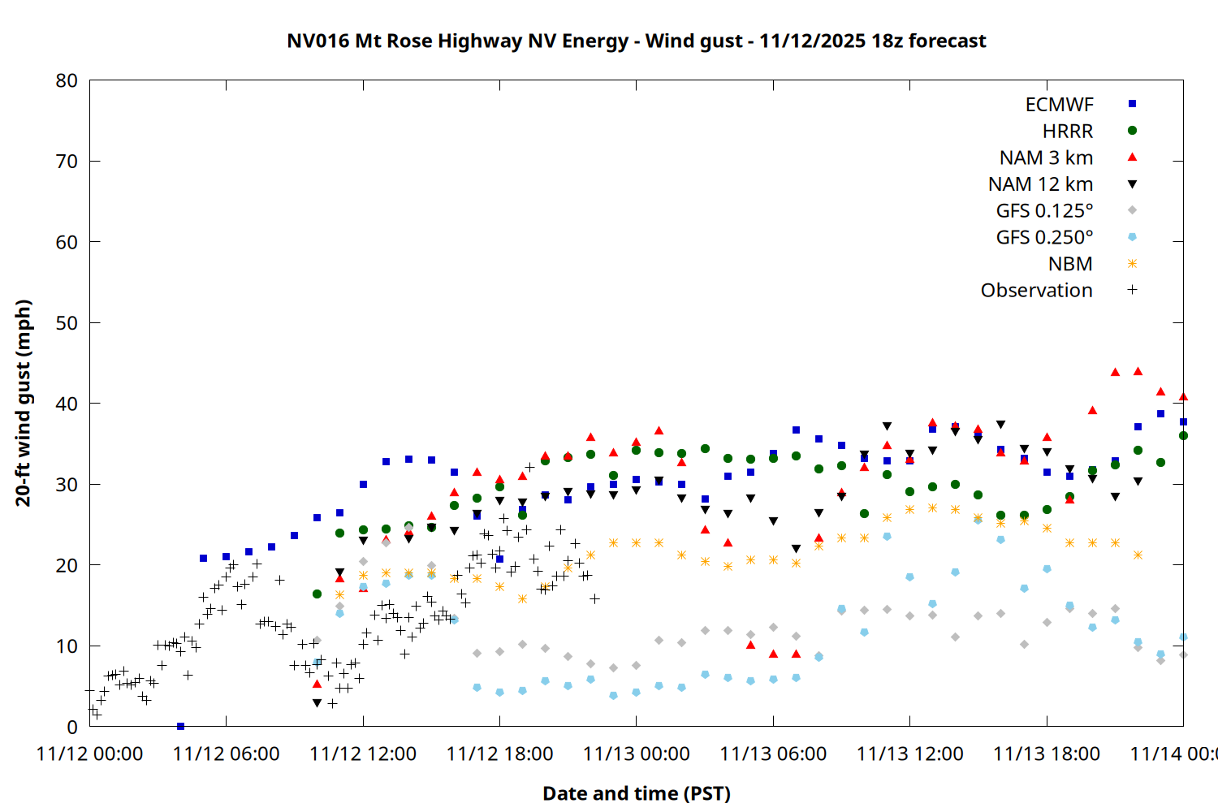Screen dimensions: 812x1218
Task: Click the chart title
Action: tap(637, 41)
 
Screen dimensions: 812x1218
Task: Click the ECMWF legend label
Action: tap(1059, 105)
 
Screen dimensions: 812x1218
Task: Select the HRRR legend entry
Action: tap(1068, 132)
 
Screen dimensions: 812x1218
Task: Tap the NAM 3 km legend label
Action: tap(1046, 158)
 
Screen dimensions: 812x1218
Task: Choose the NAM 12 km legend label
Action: tap(1040, 184)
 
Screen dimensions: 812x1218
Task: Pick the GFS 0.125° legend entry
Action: tap(1044, 211)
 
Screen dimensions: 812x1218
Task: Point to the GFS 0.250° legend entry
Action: tap(1044, 237)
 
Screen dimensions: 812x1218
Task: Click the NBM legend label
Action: tap(1070, 264)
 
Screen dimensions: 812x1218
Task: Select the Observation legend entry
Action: tap(1036, 291)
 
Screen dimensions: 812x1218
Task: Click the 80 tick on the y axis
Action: tap(67, 80)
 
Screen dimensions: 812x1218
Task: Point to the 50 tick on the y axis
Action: tap(67, 322)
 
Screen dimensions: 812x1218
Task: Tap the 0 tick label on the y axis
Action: tap(73, 727)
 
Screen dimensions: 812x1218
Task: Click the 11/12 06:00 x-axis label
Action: tap(226, 754)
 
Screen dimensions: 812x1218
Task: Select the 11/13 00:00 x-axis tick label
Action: tap(636, 754)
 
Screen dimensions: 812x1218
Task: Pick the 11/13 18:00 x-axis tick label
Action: tap(1046, 754)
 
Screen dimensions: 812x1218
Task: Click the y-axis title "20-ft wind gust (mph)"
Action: tap(24, 403)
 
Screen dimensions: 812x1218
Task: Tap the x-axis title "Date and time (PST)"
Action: tap(637, 793)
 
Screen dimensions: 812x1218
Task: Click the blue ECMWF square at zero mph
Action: tap(180, 726)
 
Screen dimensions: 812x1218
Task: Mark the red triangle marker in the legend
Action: tap(1132, 157)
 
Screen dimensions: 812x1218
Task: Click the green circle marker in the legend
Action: tap(1132, 131)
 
